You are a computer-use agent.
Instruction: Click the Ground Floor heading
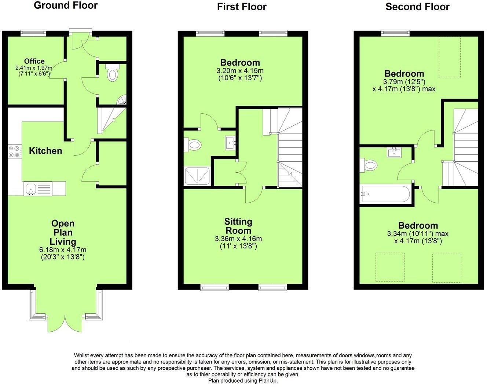(66, 5)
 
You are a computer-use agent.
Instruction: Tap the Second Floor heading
(417, 7)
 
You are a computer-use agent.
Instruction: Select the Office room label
(34, 61)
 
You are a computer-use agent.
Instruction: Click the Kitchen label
(45, 151)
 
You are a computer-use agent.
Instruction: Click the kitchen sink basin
(31, 189)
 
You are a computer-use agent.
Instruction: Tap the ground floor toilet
(113, 72)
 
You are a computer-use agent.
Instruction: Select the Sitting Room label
(238, 226)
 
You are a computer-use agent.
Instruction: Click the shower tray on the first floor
(197, 176)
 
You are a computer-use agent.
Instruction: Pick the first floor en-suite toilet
(193, 144)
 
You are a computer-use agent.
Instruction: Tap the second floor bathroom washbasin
(394, 152)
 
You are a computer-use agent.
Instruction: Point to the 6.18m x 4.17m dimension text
(63, 250)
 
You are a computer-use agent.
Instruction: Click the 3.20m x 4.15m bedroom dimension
(240, 71)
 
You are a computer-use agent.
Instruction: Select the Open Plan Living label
(63, 232)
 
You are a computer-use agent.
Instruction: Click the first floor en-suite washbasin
(231, 143)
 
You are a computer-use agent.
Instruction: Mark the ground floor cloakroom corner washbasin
(122, 100)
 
